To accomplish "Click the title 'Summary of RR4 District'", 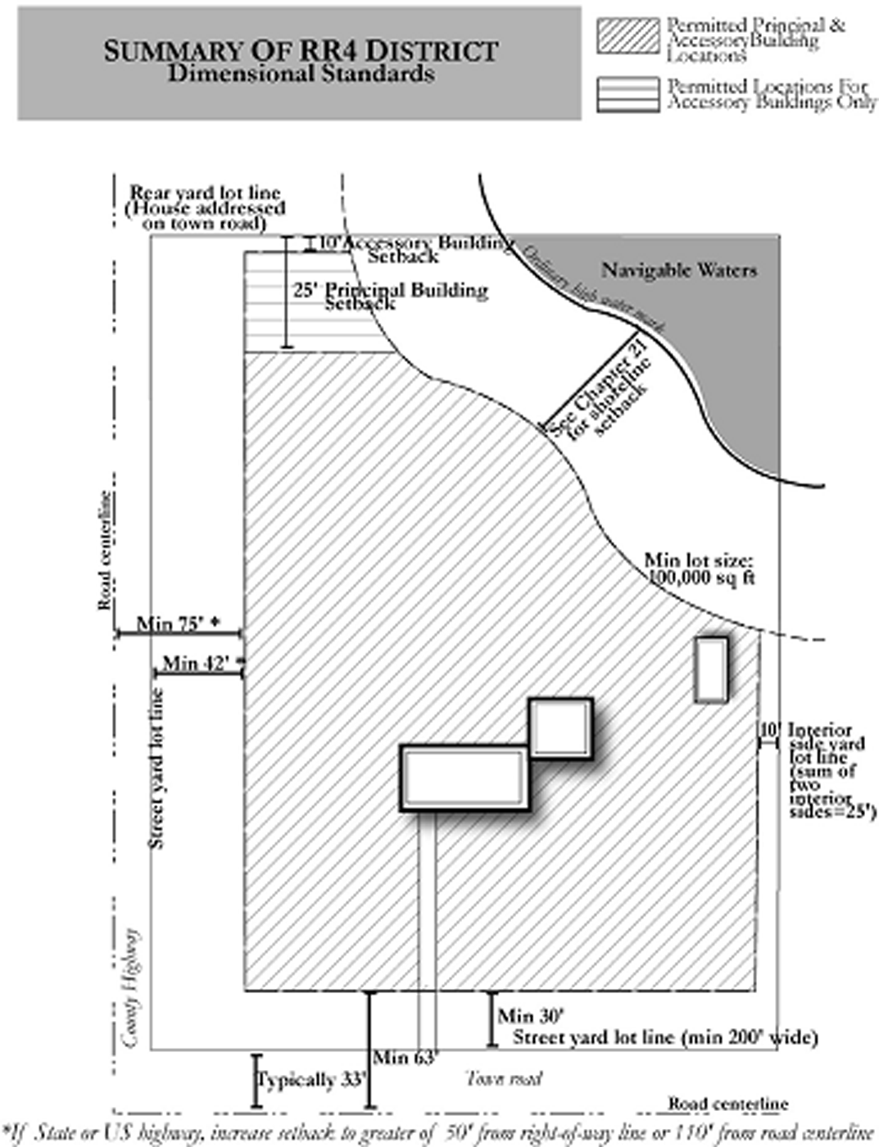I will pos(300,51).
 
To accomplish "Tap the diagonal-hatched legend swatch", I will pos(628,37).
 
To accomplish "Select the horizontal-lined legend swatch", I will pos(628,94).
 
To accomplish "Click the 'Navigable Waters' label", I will pos(679,270).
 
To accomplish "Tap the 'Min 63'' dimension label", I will pos(406,1058).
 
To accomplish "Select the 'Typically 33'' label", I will pos(311,1081).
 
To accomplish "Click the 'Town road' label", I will pos(504,1078).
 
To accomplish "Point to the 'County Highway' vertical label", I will pos(130,987).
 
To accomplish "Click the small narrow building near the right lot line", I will pos(711,669).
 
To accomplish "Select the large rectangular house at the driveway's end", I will pos(464,778).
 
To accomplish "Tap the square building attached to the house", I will pos(560,728).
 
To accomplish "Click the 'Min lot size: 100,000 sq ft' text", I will pos(699,569).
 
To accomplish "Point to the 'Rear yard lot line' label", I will pos(205,208).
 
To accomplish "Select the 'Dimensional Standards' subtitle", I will pos(301,74).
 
